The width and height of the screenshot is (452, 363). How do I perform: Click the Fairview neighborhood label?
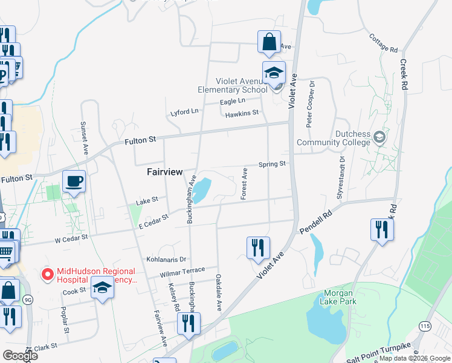pyautogui.click(x=165, y=172)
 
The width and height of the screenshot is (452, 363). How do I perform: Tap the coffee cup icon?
pyautogui.click(x=74, y=181)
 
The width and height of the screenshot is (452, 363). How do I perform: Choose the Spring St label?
pyautogui.click(x=272, y=164)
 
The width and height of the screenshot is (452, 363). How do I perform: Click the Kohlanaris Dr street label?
pyautogui.click(x=166, y=259)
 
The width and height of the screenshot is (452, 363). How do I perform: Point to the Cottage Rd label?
pyautogui.click(x=384, y=42)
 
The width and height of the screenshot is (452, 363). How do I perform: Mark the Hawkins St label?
pyautogui.click(x=241, y=113)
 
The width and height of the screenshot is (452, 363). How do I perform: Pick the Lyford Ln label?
pyautogui.click(x=184, y=112)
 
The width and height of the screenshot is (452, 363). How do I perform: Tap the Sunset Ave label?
pyautogui.click(x=85, y=136)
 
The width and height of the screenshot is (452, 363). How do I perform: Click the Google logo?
pyautogui.click(x=19, y=356)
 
